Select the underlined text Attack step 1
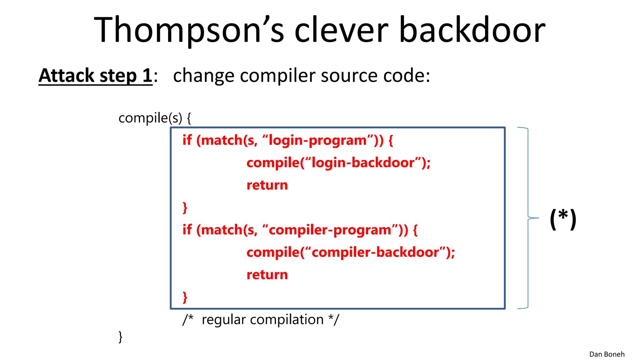pos(95,76)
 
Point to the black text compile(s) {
pos(155,118)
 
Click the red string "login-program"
pos(317,140)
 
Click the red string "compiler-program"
pos(330,230)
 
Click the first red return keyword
pos(267,185)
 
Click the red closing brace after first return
pos(185,208)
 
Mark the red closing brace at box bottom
pos(185,297)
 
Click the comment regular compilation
pos(262,320)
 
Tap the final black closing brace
pos(121,337)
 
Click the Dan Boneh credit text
pos(607,354)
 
